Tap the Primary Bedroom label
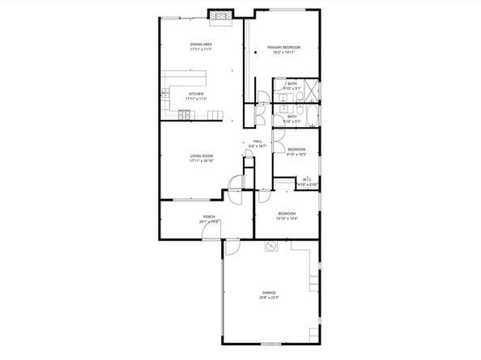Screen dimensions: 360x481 pos(284,48)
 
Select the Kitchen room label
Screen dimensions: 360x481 pos(197,94)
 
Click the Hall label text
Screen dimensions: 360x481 pos(258,142)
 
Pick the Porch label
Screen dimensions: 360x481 pos(208,217)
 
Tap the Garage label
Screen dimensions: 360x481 pos(269,292)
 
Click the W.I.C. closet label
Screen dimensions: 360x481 pos(308,179)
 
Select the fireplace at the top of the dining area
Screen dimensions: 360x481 pos(219,15)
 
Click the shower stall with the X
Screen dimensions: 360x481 pos(311,88)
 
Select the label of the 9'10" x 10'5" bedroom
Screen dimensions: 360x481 pos(296,149)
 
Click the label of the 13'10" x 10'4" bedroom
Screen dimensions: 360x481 pos(287,214)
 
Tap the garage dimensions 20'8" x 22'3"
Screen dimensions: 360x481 pos(269,298)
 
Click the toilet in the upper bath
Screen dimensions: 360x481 pos(279,84)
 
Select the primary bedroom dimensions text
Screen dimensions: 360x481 pos(284,53)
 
